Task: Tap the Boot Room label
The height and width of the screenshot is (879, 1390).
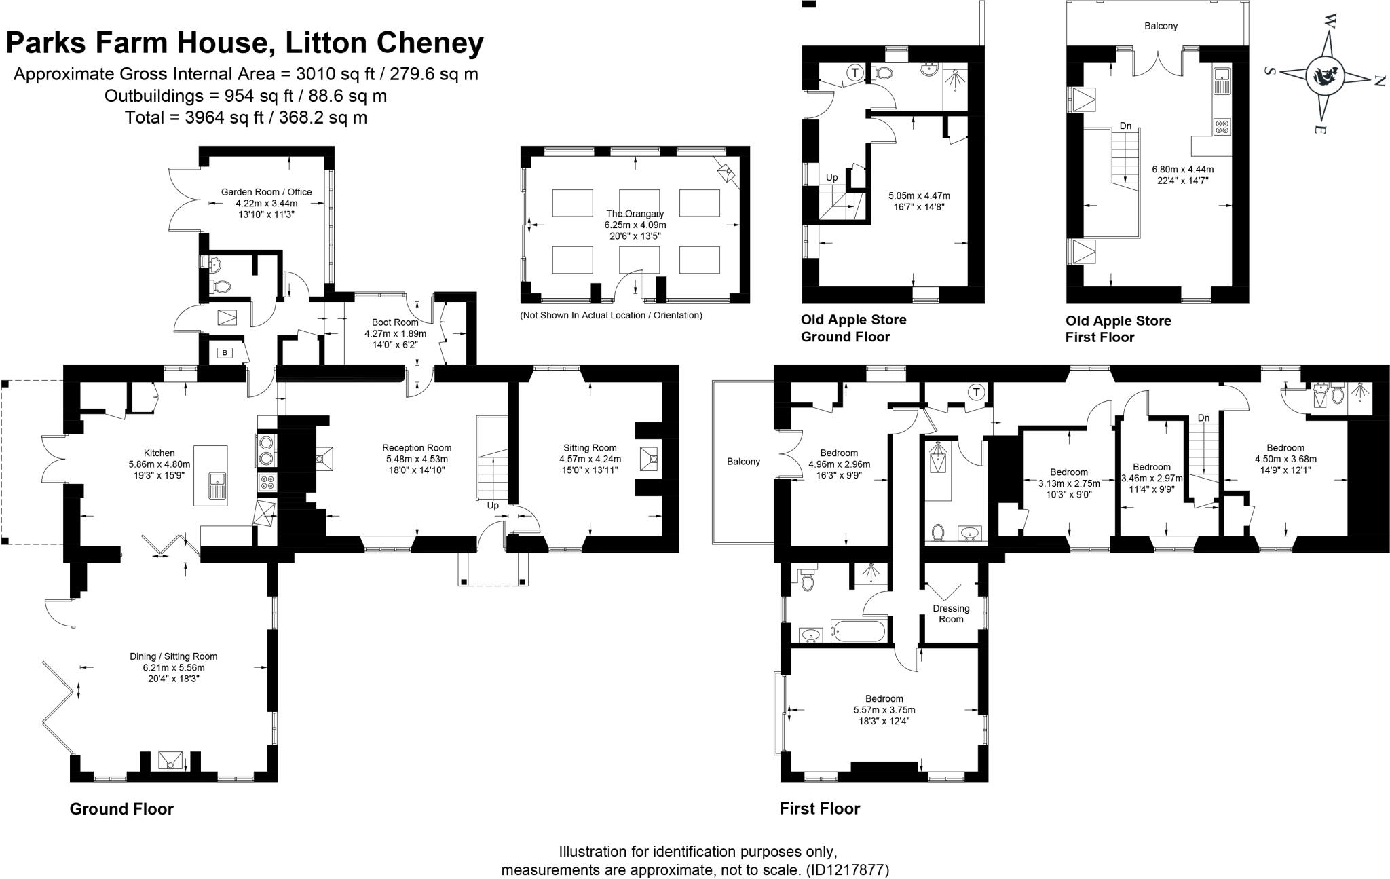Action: click(395, 322)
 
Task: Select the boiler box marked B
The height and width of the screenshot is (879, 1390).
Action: click(225, 352)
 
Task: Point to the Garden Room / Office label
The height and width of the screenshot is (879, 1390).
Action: click(266, 192)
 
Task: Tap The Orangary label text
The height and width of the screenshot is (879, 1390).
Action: click(635, 214)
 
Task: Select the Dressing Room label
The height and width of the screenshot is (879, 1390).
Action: click(950, 614)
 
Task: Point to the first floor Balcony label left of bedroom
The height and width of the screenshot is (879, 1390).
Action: click(743, 462)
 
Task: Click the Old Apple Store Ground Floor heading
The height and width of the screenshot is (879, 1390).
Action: click(852, 328)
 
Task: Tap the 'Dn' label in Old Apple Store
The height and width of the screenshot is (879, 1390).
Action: click(1125, 126)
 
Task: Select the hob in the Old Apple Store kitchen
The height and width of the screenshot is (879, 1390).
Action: click(1222, 126)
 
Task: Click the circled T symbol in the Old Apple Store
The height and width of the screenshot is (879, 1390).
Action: click(855, 73)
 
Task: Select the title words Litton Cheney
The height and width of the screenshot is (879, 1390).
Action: click(384, 43)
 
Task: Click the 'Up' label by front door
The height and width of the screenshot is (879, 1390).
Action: click(493, 506)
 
